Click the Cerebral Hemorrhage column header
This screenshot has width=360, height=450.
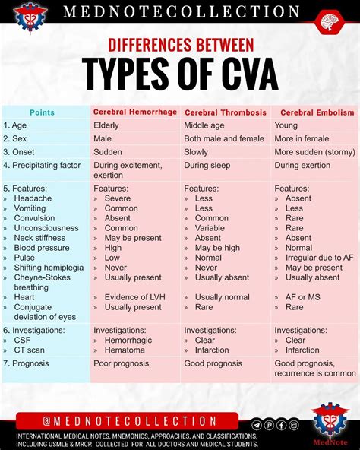[x=136, y=112]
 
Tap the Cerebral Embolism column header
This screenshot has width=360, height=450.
[x=317, y=112]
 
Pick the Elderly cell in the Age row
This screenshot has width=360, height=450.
[x=106, y=125]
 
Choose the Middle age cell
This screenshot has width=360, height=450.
[x=204, y=125]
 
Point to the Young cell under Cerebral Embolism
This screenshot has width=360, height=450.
[x=286, y=125]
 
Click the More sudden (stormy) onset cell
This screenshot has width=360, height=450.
[x=314, y=151]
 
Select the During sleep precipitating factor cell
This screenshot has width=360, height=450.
[x=207, y=165]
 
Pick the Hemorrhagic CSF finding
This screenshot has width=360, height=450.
[x=128, y=341]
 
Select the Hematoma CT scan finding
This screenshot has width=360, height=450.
[x=124, y=350]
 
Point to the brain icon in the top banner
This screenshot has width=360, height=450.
[x=327, y=21]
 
